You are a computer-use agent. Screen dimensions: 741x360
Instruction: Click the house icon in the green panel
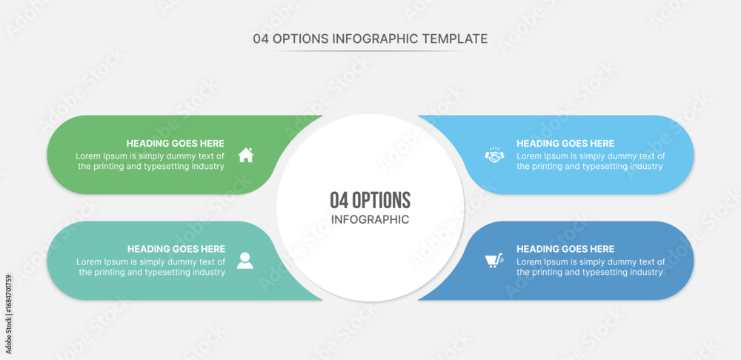[x=246, y=155]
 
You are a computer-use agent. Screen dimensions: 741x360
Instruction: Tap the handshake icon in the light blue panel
[x=494, y=154]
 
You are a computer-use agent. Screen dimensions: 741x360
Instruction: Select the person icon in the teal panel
[x=245, y=261]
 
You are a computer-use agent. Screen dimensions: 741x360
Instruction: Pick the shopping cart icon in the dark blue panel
[x=494, y=261]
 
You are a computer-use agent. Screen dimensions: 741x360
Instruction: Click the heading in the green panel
[x=176, y=144]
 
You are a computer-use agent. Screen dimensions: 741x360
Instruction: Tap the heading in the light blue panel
[x=565, y=144]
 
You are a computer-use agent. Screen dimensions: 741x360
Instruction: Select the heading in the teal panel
[x=176, y=249]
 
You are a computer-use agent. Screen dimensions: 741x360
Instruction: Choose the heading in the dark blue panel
[x=565, y=249]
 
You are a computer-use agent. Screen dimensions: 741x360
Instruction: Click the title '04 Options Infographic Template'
[x=370, y=39]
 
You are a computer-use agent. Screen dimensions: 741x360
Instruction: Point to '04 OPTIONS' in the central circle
[x=370, y=200]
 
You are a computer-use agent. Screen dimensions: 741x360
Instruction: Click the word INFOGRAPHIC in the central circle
[x=370, y=220]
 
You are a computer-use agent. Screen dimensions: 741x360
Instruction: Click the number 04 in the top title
[x=262, y=39]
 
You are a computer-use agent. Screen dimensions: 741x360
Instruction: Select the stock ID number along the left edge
[x=8, y=314]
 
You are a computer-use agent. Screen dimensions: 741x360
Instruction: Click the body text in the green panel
[x=150, y=161]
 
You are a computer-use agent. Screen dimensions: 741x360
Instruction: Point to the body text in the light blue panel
[x=591, y=161]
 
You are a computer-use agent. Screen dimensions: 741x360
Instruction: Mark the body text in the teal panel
[x=151, y=267]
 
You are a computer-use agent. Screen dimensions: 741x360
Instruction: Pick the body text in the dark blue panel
[x=591, y=267]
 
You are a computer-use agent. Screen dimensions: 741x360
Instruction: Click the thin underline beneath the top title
[x=370, y=51]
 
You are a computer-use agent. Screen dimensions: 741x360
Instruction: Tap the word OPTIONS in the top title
[x=301, y=39]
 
